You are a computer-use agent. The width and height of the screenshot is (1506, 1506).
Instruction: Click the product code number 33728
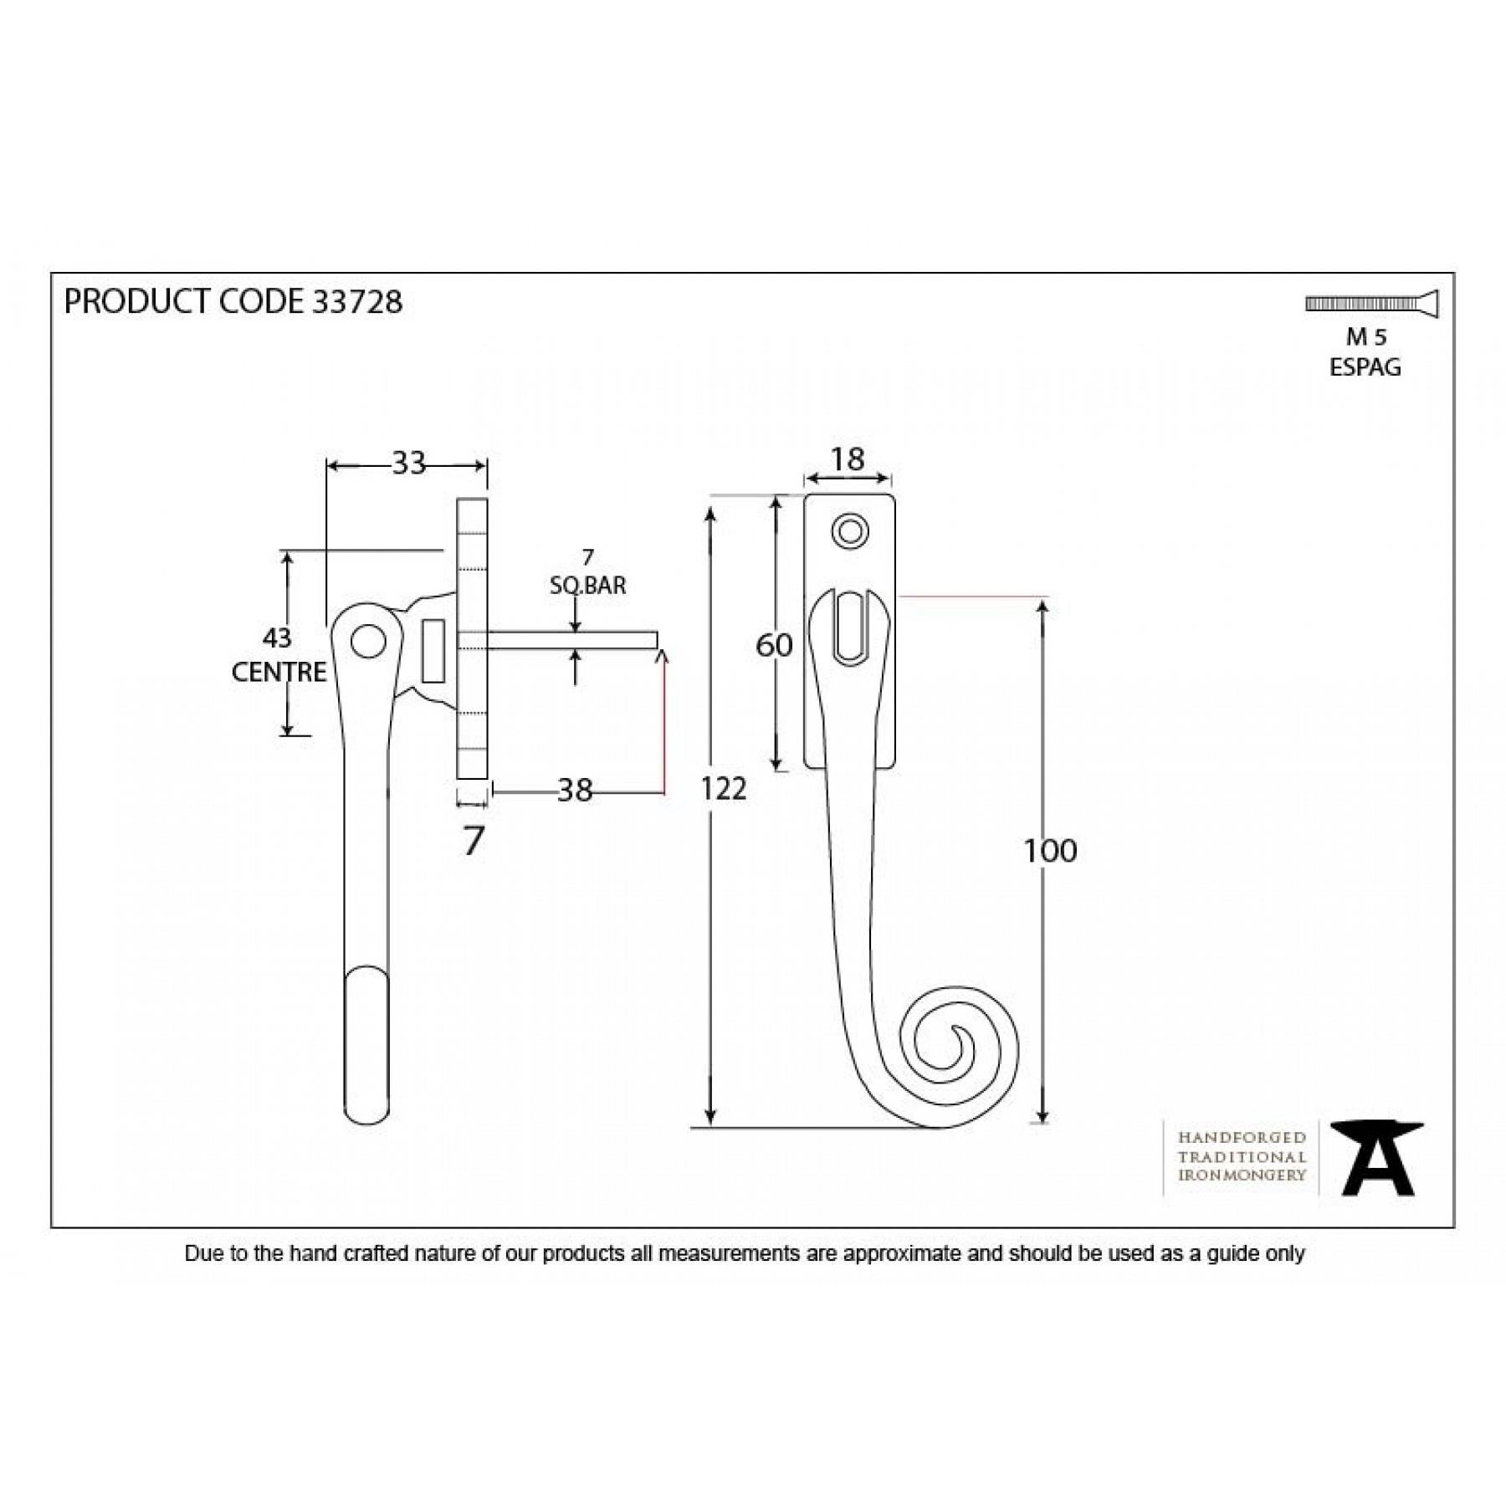tap(356, 301)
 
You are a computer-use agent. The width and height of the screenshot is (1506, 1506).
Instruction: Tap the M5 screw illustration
tap(1372, 305)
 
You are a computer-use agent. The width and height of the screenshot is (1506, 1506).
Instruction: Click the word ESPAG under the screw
tap(1365, 367)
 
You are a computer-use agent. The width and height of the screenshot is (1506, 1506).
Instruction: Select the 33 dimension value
tap(409, 463)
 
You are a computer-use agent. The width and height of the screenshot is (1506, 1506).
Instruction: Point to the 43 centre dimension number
tap(277, 638)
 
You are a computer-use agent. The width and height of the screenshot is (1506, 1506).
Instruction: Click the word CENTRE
tap(279, 672)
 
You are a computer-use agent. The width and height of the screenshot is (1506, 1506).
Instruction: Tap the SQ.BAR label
tap(587, 586)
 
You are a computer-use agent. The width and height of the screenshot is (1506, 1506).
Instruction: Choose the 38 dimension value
tap(575, 790)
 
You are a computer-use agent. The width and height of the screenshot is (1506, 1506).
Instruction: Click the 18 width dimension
tap(847, 459)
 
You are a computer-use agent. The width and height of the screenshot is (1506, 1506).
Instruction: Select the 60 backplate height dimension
tap(774, 645)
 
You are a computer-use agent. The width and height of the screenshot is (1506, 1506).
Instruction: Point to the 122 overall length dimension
tap(723, 788)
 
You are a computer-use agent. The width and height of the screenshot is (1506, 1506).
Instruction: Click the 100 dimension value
tap(1050, 851)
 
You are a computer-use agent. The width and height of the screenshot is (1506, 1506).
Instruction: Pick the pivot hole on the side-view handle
tap(368, 642)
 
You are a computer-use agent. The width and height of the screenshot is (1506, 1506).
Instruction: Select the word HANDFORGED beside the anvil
tap(1242, 1138)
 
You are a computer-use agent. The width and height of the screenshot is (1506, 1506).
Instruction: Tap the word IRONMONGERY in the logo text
tap(1242, 1176)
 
